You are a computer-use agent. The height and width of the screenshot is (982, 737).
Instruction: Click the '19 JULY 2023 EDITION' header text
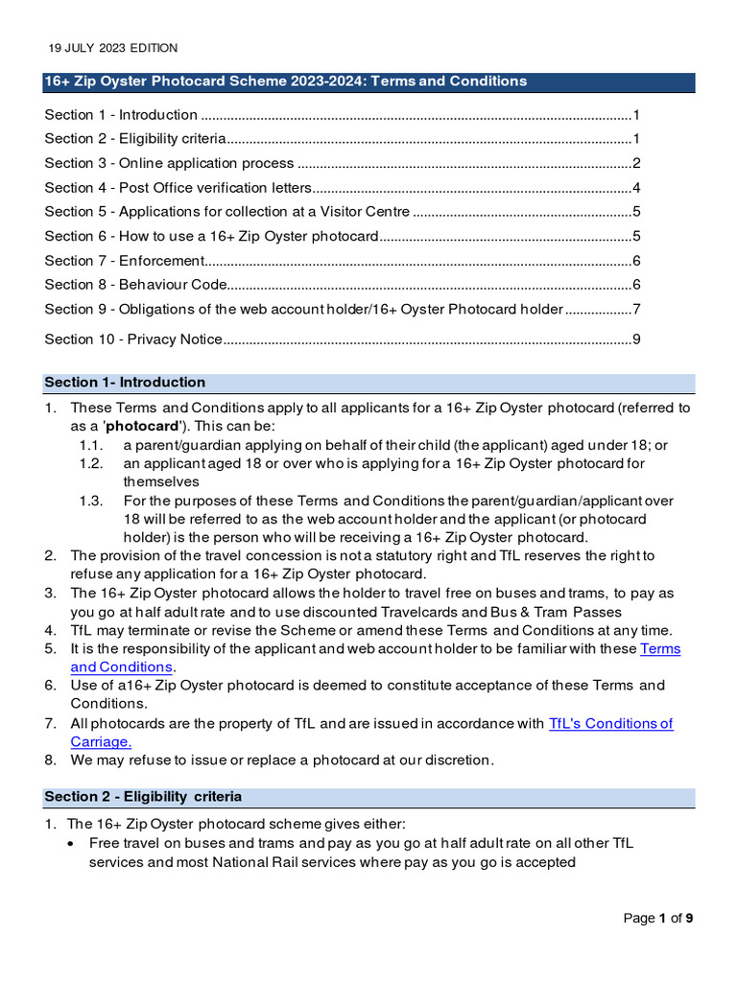tap(112, 48)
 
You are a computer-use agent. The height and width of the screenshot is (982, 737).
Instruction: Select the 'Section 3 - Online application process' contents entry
tap(169, 163)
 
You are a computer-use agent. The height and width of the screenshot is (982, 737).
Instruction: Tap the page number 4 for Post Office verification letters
tap(636, 187)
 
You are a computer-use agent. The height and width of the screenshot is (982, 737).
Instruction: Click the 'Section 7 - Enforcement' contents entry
tap(125, 261)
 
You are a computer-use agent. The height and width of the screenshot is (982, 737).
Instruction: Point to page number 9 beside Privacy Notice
tap(636, 339)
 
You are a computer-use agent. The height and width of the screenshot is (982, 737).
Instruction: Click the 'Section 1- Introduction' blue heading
tap(125, 383)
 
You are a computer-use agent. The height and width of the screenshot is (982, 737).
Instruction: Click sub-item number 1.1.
tap(90, 445)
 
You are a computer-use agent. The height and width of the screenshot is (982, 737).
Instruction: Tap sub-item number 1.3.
tap(90, 501)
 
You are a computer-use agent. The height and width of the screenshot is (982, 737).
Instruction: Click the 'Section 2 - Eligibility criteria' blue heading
tap(143, 797)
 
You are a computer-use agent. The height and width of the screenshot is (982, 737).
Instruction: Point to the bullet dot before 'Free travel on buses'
tap(75, 844)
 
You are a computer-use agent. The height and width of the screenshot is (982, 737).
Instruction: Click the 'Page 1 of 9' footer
tap(657, 919)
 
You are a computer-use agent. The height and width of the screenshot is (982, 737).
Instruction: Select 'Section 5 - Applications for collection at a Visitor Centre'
tap(227, 212)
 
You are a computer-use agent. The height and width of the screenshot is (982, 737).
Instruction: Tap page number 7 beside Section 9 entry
tap(636, 309)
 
